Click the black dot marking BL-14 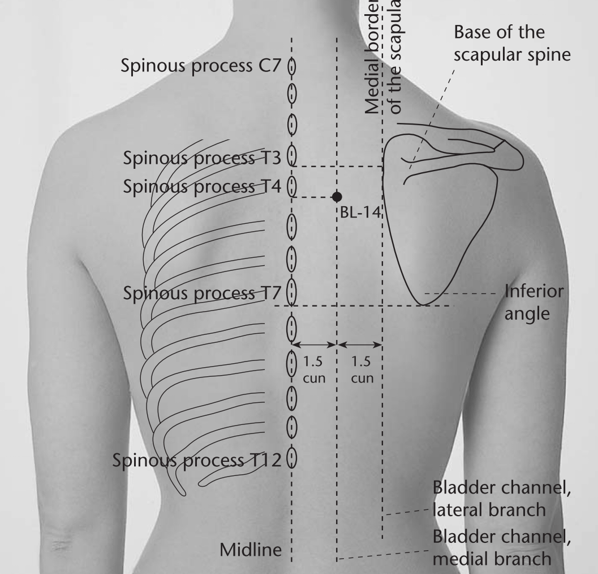[x=337, y=197]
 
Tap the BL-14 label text [x=360, y=212]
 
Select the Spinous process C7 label [x=201, y=66]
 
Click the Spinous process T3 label [x=202, y=158]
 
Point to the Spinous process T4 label [x=202, y=186]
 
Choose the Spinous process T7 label [x=202, y=293]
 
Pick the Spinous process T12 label [x=197, y=460]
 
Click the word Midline [x=251, y=550]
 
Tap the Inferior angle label [x=534, y=303]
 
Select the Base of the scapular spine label [x=512, y=43]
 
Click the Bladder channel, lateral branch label [x=502, y=499]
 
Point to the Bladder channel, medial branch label [x=502, y=547]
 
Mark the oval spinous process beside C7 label [x=292, y=66]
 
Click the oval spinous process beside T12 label [x=292, y=457]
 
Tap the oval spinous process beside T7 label [x=291, y=291]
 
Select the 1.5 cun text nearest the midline [x=314, y=369]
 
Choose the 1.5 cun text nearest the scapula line [x=362, y=369]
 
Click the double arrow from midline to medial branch [x=314, y=345]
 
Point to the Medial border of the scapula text [x=383, y=57]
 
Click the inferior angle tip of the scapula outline [x=423, y=305]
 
